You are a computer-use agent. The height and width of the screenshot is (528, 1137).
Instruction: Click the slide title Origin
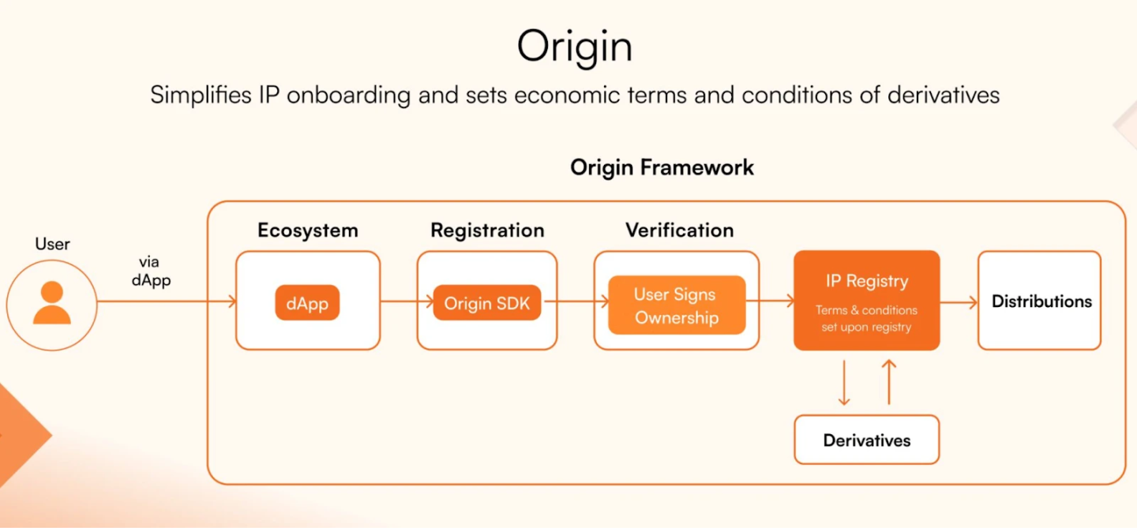coord(575,47)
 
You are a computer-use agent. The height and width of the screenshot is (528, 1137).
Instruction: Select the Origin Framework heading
coord(662,167)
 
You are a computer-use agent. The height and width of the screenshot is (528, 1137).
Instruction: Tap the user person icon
coord(52,303)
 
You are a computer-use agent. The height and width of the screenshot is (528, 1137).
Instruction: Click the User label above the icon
coord(52,244)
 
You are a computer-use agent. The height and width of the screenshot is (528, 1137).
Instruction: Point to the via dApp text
coord(151,271)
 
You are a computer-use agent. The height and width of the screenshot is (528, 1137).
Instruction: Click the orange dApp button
coord(307,303)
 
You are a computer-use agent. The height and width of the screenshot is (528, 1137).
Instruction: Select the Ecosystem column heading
coord(308,230)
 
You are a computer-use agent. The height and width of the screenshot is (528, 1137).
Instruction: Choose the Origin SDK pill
coord(486,303)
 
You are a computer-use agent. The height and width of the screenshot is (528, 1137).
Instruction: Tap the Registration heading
coord(487,230)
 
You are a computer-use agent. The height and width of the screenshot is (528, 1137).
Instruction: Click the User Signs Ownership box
coord(677,305)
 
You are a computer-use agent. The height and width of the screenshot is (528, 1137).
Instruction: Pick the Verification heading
coord(679,230)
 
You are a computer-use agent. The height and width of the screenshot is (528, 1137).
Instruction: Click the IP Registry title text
coord(866,281)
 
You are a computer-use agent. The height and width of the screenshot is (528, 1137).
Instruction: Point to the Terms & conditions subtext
coord(866,319)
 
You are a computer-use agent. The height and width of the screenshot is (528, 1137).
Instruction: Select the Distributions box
coord(1040,301)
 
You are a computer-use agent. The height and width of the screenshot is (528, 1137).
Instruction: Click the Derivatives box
coord(866,440)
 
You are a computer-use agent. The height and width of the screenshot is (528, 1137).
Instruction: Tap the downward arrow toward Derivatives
coord(844,383)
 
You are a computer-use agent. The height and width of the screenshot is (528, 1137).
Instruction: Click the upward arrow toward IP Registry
coord(889,383)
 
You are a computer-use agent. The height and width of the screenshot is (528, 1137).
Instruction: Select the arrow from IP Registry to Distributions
coord(959,303)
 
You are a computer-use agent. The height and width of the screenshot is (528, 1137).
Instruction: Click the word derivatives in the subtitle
coord(943,95)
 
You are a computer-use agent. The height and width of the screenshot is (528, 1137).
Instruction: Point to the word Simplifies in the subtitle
coord(201,95)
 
